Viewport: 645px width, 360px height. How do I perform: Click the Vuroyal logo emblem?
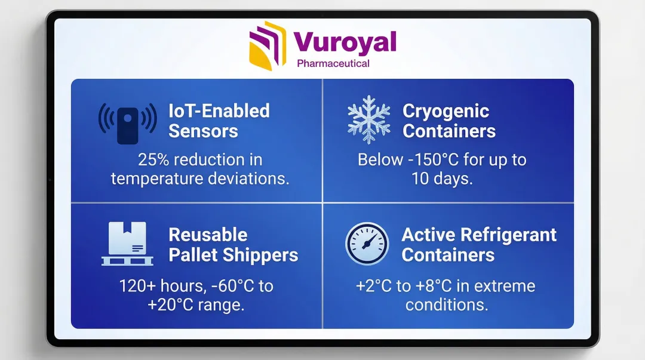coord(268,45)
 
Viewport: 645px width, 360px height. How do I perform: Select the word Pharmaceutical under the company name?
coord(333,63)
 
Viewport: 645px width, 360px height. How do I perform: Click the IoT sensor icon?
coord(128,123)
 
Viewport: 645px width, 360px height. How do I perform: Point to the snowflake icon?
coord(369,119)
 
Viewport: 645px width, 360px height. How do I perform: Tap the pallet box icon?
coord(127,244)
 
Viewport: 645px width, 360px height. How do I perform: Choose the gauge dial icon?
coord(367,244)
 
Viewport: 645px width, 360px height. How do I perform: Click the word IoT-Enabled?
coord(219,110)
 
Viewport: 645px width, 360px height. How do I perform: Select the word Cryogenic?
coord(446,112)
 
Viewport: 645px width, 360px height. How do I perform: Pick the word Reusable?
coord(208,235)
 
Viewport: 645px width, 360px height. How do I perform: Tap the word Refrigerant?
coord(508,235)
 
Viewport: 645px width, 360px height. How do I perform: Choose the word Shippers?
coord(260,255)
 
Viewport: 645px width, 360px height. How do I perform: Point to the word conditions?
coord(447,305)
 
